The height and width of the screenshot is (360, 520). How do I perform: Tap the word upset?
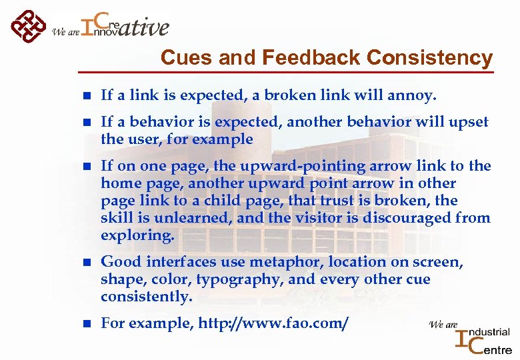coord(469,123)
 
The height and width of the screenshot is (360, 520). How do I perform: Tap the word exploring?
coord(137,235)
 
